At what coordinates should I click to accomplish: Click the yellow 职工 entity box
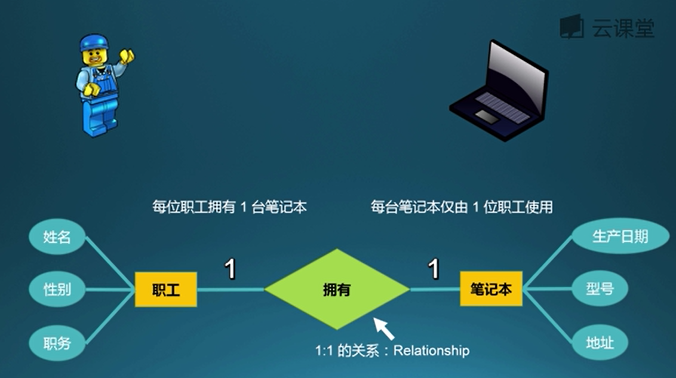pos(165,290)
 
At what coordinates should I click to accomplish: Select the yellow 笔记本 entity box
pos(491,289)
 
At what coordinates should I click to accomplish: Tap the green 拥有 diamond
pos(337,290)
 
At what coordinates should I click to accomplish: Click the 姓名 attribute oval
pos(57,237)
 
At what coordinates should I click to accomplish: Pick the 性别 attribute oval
pos(57,290)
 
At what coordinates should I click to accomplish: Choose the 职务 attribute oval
pos(57,343)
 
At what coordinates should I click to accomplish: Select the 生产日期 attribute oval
pos(620,236)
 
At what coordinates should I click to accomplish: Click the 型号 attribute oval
pos(600,290)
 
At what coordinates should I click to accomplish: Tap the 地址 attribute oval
pos(600,343)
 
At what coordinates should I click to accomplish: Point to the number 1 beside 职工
pos(230,269)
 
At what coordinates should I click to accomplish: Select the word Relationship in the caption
pos(431,351)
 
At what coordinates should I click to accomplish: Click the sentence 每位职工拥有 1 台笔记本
pos(229,207)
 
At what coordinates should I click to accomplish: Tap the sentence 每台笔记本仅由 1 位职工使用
pos(461,207)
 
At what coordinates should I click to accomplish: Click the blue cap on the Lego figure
pos(94,42)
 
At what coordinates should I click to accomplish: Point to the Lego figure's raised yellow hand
pos(127,56)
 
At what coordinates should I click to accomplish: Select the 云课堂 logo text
pos(623,27)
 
